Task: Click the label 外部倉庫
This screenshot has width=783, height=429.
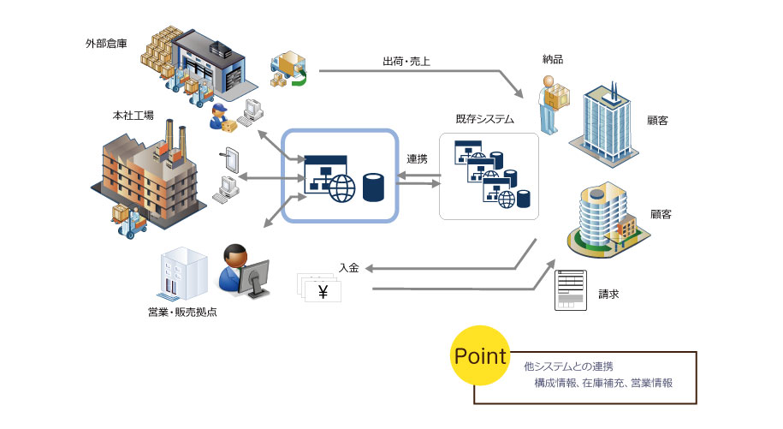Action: tap(106, 44)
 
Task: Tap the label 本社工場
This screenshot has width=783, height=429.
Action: tap(133, 116)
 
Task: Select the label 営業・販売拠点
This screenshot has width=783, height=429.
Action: tap(182, 313)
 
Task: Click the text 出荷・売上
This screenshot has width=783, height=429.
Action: tap(406, 62)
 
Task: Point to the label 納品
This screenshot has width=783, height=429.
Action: tap(553, 59)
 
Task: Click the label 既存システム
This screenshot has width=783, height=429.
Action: tap(485, 119)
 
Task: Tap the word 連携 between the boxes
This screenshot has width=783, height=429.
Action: tap(417, 158)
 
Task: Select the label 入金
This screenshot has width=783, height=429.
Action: tap(349, 268)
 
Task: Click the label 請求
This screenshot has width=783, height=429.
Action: tap(608, 295)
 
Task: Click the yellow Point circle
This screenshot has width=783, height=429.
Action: tap(480, 355)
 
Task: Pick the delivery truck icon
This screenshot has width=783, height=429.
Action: tap(288, 69)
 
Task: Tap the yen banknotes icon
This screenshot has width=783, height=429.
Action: tap(319, 287)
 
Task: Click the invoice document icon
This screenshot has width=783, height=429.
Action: tap(571, 290)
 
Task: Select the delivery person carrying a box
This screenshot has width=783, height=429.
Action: tap(553, 104)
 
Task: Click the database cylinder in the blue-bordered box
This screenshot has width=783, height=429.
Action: tap(373, 188)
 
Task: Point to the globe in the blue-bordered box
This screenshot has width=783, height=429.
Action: tap(342, 188)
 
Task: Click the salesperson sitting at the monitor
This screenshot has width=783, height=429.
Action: tap(244, 271)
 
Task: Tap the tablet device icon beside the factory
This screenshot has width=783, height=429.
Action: tap(229, 160)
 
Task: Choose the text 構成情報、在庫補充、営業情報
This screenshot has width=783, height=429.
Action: tap(603, 383)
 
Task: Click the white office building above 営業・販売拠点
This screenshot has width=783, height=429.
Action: tap(183, 274)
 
